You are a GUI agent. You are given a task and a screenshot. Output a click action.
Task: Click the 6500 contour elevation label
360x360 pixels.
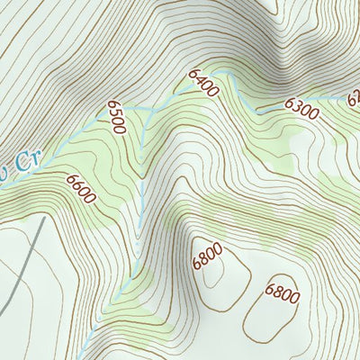116,117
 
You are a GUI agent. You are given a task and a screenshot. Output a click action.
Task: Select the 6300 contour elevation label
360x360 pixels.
301,110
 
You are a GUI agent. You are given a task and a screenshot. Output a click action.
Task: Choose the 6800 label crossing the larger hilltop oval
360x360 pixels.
282,292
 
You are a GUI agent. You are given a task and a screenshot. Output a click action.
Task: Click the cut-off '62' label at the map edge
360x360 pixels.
353,96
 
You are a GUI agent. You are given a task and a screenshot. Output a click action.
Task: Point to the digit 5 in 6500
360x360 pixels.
114,112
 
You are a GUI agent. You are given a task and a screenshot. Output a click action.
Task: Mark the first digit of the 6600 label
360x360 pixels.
70,180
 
